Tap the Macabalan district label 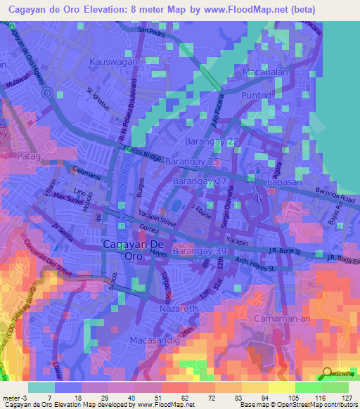[x=266, y=73]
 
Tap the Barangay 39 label [x=200, y=251]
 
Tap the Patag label [x=30, y=156]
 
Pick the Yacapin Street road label [x=157, y=219]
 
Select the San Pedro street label [x=152, y=32]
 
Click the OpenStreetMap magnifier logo [x=326, y=372]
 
